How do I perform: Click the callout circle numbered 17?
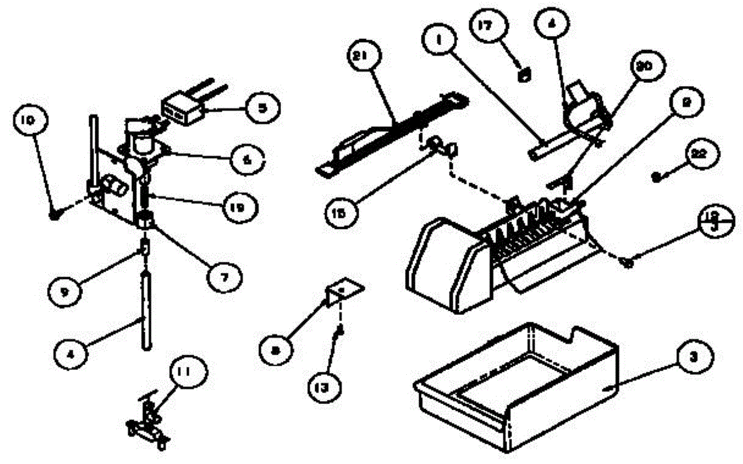492,27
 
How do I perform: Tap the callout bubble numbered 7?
224,278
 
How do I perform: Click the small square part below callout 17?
524,75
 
